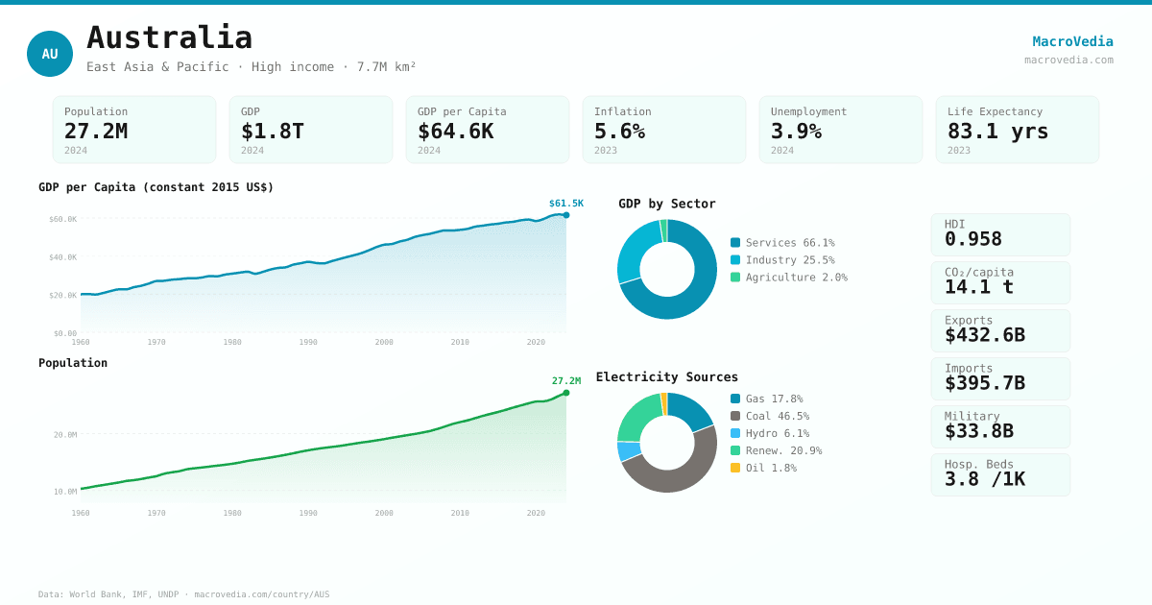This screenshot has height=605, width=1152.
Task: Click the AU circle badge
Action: pos(50,54)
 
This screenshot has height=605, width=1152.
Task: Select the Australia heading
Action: pos(169,37)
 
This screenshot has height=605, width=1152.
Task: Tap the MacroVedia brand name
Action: pos(1072,41)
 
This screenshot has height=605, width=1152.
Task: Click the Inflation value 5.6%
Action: pos(619,131)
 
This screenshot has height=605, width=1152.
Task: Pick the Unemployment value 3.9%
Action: pos(796,131)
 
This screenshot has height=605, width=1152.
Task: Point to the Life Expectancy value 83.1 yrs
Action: pos(997,131)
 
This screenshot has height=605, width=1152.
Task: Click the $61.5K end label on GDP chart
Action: pos(565,204)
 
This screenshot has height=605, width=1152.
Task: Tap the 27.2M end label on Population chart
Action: pos(565,381)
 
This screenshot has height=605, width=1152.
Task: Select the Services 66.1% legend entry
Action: pos(789,243)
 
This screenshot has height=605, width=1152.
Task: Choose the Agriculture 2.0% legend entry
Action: pos(796,278)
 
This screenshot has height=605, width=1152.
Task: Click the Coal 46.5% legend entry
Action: pos(777,416)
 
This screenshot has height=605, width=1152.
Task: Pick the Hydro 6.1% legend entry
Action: pos(777,433)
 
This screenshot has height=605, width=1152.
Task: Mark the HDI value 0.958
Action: pos(972,239)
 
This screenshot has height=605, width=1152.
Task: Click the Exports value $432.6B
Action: pos(984,335)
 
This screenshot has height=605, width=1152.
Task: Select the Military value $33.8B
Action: pos(978,431)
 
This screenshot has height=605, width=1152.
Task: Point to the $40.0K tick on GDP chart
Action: pos(63,257)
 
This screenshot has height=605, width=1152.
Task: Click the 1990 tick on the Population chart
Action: pos(308,513)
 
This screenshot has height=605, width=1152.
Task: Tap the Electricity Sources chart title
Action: pos(666,377)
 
